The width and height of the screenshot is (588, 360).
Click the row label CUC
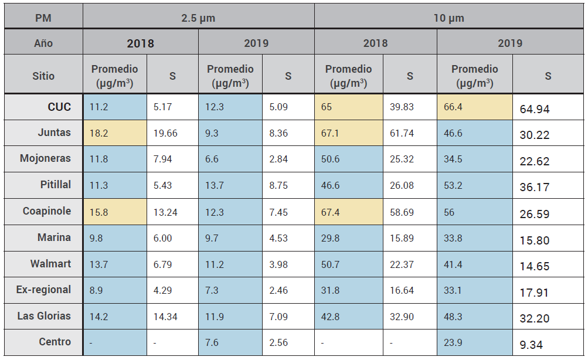coord(59,107)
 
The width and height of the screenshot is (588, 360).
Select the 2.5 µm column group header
coord(198,18)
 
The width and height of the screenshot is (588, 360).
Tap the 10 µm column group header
coord(449,18)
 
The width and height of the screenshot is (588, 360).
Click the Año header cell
coord(43,43)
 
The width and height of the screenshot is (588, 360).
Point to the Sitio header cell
coord(43,76)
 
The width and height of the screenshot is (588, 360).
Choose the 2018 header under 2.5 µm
coord(141,43)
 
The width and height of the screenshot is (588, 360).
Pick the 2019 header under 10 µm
coord(510,43)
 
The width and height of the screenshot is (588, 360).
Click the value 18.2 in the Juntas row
coord(98,133)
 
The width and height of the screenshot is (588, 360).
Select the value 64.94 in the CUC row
coord(534,109)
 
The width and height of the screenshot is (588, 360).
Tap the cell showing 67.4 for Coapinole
coord(331,212)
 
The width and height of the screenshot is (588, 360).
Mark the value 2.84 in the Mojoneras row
coord(278,159)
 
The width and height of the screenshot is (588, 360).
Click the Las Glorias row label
coord(44,316)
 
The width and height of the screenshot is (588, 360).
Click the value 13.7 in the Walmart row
coord(98,265)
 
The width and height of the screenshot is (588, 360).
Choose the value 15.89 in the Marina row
coord(402,239)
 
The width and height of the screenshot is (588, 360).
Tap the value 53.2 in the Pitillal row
coord(452,186)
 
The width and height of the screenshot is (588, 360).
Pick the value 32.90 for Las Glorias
coord(402,317)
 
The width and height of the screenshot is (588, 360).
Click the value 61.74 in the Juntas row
coord(402,133)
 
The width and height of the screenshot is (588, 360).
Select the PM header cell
coord(43,18)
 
